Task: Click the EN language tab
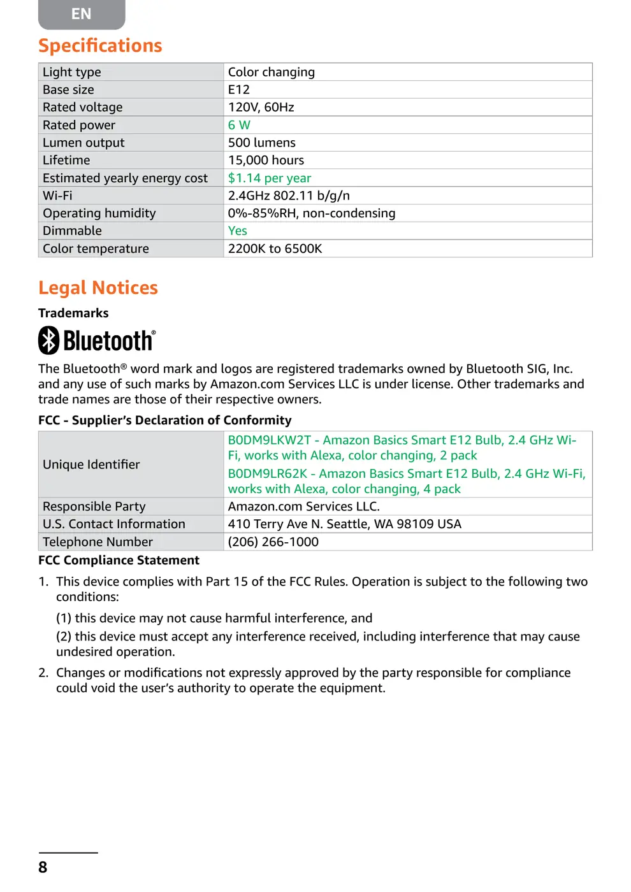(82, 14)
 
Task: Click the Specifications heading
(100, 46)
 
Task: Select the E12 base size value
(239, 90)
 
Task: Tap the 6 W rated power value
(239, 126)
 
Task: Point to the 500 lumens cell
(262, 143)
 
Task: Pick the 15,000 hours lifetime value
(266, 161)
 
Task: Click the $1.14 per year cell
(270, 178)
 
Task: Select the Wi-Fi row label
(57, 196)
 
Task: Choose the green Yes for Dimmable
(238, 231)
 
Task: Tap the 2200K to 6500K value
(275, 249)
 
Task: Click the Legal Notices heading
(98, 288)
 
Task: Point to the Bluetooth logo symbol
(49, 340)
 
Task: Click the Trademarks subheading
(73, 313)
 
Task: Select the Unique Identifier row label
(91, 464)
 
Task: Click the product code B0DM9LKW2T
(270, 440)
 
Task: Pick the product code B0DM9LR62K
(268, 474)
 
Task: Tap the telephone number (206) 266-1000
(273, 542)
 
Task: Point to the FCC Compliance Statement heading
(119, 561)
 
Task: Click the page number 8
(43, 867)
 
